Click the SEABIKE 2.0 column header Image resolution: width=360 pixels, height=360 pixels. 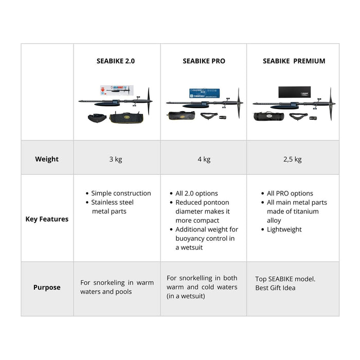pos(116,61)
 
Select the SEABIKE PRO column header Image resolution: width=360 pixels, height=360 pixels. pos(204,61)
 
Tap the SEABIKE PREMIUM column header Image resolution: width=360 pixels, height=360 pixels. pos(294,61)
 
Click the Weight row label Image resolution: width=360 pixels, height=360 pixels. pos(47,159)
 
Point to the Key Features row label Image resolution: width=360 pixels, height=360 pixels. pos(47,219)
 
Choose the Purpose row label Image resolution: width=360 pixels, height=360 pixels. pos(47,287)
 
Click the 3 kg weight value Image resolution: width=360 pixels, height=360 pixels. pos(116,159)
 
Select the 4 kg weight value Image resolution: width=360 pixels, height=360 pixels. pos(204,159)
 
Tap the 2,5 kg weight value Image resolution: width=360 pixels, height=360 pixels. pos(293,159)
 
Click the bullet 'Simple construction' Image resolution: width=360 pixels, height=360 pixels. pos(121,193)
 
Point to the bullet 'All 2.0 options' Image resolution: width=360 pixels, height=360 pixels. pos(196,193)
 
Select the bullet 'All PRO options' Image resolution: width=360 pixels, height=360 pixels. pos(290,193)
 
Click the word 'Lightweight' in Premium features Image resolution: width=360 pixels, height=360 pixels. pos(284,229)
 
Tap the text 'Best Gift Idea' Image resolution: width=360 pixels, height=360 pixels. pos(275,287)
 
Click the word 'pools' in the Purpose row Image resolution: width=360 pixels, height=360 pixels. pos(122,292)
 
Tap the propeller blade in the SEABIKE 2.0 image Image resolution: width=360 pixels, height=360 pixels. pos(149,100)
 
